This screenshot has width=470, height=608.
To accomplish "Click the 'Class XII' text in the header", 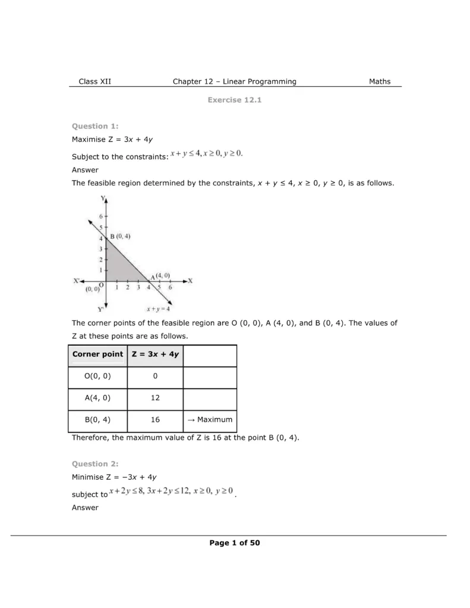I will (x=94, y=81).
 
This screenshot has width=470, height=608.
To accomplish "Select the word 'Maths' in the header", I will (x=380, y=81).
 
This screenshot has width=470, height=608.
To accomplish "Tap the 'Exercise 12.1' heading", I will (x=235, y=100).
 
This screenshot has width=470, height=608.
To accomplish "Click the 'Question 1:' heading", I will (x=95, y=126).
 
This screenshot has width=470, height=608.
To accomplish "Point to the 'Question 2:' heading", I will (x=95, y=464).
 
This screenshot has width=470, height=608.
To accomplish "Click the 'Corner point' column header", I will (x=97, y=354).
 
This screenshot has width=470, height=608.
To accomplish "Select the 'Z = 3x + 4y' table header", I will (x=155, y=354).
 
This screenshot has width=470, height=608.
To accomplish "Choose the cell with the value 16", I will (x=155, y=420).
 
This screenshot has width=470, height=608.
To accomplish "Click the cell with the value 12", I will (x=155, y=398).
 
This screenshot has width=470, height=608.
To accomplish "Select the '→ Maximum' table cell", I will (x=210, y=420).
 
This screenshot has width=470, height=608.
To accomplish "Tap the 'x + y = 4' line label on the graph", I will (x=159, y=309).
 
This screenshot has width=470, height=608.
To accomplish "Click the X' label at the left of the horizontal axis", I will (x=77, y=281).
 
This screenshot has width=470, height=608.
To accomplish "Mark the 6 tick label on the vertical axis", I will (x=102, y=217).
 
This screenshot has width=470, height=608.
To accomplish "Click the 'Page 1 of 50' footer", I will (x=235, y=543).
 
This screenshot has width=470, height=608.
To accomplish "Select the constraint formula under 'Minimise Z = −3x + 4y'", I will (x=171, y=492).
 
